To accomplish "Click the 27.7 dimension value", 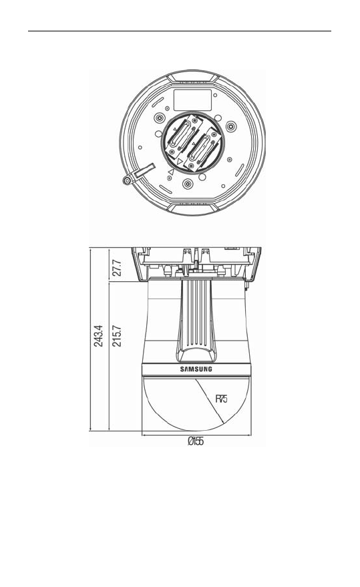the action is (x=117, y=267).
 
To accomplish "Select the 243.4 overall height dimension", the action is (x=98, y=336).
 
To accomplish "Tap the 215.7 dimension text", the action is (x=117, y=336).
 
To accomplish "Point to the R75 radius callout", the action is (x=221, y=399).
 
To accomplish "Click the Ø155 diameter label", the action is (x=196, y=441).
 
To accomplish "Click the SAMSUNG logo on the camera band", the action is (x=196, y=369).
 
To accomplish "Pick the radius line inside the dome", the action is (x=209, y=401).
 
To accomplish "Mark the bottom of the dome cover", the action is (x=196, y=430).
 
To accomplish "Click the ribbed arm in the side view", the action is (x=196, y=321).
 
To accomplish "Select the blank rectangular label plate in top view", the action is (x=192, y=100).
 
